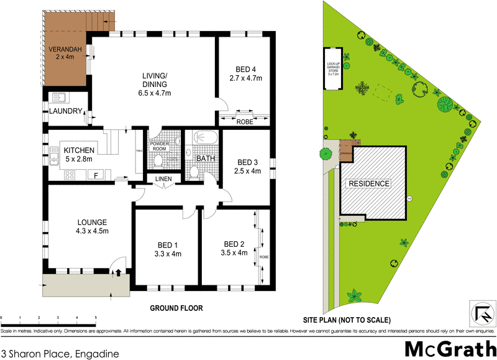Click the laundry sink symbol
click(60, 98)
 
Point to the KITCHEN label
click(78, 150)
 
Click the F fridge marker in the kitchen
click(96, 176)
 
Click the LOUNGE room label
click(93, 222)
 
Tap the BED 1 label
click(166, 244)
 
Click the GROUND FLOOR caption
click(176, 308)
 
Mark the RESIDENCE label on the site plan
click(368, 183)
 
